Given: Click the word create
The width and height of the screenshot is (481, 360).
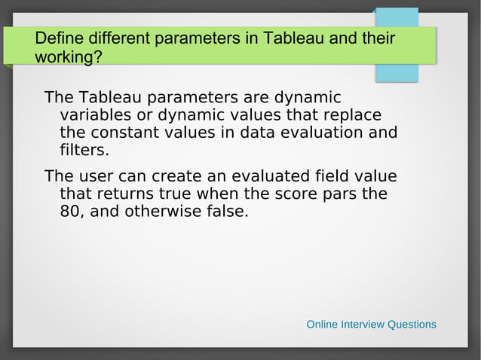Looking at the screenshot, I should pyautogui.click(x=172, y=176).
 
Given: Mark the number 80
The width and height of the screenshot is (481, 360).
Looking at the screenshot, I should pyautogui.click(x=70, y=212).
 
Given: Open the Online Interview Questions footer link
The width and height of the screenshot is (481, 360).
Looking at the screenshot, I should pyautogui.click(x=371, y=325).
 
